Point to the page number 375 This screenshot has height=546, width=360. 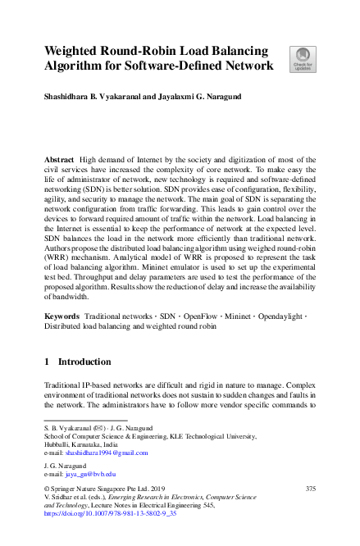point(310,489)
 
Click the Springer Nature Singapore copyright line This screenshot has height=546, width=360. point(95,489)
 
